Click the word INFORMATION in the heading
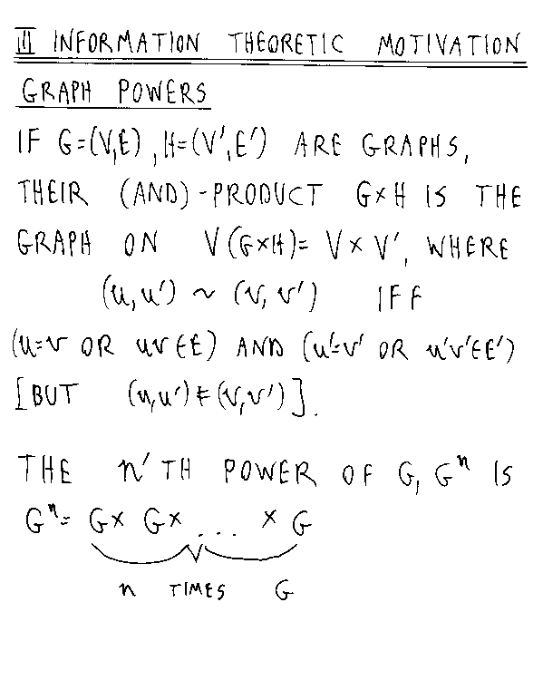pos(126,43)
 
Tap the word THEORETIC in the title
pos(286,44)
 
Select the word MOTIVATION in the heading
pos(448,45)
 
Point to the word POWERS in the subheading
pos(162,92)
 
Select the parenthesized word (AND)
pos(154,194)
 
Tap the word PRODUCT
pos(267,194)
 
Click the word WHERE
pos(467,248)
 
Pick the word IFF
pos(399,298)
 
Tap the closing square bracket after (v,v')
pos(298,398)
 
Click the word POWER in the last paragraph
pos(270,471)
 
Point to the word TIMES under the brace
pos(198,590)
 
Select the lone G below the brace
pos(285,590)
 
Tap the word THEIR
pos(53,193)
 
